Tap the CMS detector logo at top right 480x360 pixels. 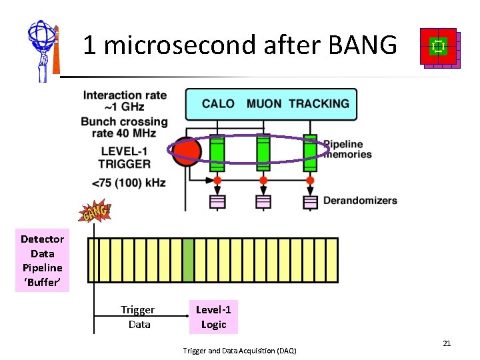pyautogui.click(x=439, y=47)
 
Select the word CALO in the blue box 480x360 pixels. pyautogui.click(x=218, y=103)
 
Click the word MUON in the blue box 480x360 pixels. pyautogui.click(x=264, y=103)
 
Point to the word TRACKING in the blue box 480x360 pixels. pyautogui.click(x=319, y=103)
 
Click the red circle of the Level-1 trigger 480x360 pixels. pyautogui.click(x=185, y=151)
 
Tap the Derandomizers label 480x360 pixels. pyautogui.click(x=360, y=200)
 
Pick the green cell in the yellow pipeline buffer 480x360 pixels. pyautogui.click(x=188, y=259)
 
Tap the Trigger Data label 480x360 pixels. pyautogui.click(x=138, y=317)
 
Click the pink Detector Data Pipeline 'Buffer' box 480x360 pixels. pyautogui.click(x=42, y=261)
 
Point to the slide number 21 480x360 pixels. pyautogui.click(x=447, y=343)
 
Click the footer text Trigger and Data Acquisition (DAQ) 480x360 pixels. pyautogui.click(x=239, y=351)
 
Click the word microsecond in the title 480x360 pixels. pyautogui.click(x=179, y=45)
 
